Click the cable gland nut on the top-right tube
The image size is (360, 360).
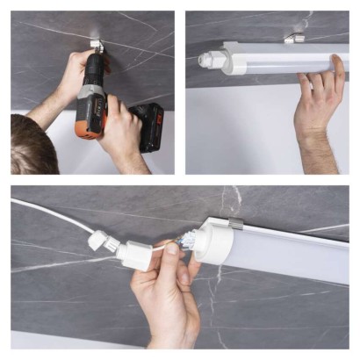pyautogui.click(x=207, y=61)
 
